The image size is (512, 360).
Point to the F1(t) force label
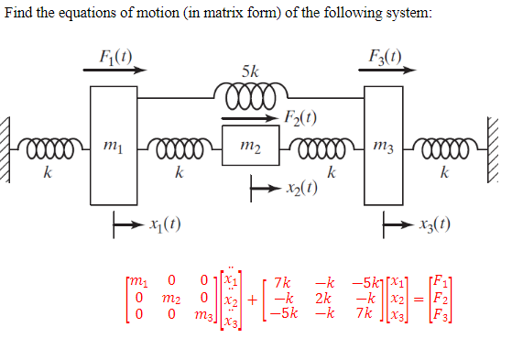click(x=114, y=54)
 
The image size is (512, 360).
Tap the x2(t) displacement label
click(x=301, y=189)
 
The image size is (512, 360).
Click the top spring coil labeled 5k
click(x=251, y=93)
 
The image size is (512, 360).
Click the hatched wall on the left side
click(x=8, y=147)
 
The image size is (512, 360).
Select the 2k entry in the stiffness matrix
click(x=321, y=298)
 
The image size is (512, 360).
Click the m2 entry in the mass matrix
click(x=169, y=298)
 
